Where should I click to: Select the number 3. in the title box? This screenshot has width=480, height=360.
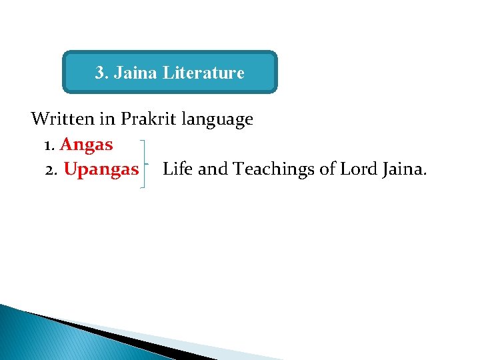tap(102, 73)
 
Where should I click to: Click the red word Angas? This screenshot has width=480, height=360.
tap(87, 145)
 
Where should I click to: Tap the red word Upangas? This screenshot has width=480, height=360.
tap(101, 169)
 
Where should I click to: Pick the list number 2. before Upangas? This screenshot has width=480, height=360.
tap(51, 169)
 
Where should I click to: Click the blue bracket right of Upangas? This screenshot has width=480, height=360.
tap(145, 164)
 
